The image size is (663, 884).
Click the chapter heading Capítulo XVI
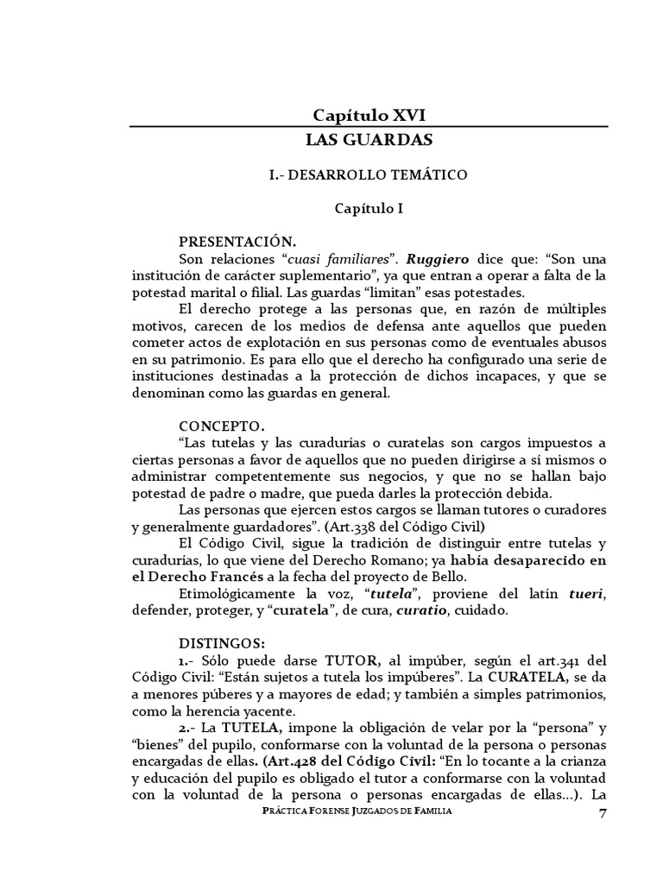(369, 115)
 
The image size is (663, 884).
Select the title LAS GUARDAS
(369, 139)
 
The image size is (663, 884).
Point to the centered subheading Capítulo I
(369, 208)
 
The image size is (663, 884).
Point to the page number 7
(602, 813)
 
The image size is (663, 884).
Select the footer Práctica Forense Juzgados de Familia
(369, 813)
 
